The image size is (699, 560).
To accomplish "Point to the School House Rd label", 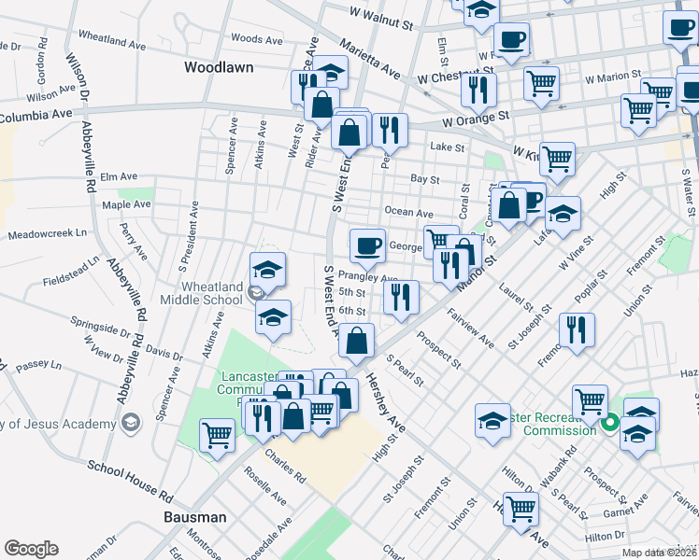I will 130,480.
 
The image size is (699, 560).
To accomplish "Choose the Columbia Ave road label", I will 36,117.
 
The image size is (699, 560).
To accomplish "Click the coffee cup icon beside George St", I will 367,245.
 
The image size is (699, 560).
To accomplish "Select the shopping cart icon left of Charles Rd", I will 217,433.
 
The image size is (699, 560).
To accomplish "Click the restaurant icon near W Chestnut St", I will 478,90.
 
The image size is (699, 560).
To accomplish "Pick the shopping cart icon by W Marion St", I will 542,83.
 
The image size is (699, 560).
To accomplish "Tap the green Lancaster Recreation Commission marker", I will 610,423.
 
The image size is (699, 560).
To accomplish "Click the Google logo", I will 31,549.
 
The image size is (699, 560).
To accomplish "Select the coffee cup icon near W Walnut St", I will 511,40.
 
